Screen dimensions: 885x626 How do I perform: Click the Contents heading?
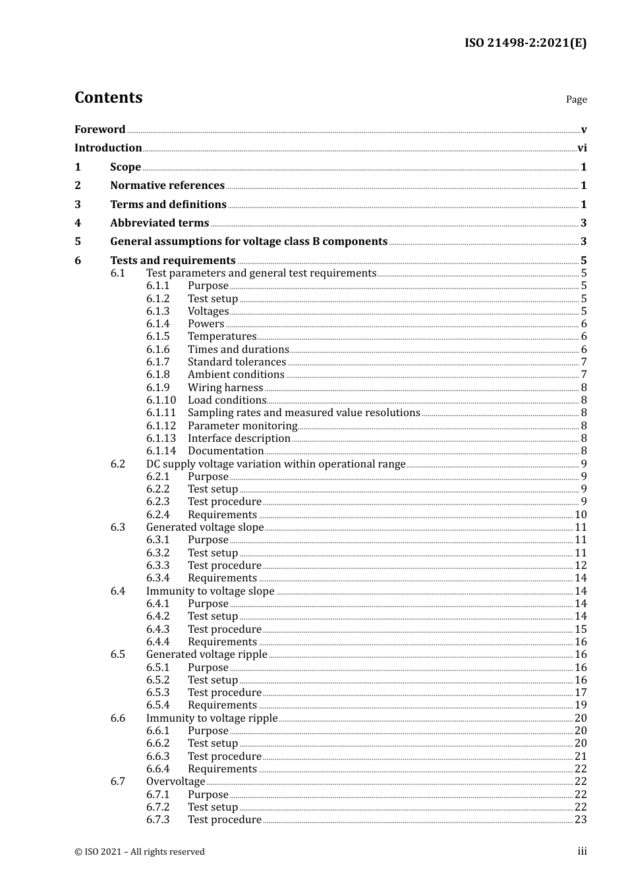tap(108, 97)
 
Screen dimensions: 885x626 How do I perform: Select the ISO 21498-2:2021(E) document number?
tap(525, 43)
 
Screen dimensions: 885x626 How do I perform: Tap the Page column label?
tap(576, 99)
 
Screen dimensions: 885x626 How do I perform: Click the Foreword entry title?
tap(100, 130)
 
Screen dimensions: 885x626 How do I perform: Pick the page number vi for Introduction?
tap(582, 148)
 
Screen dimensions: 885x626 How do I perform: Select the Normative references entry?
tap(167, 186)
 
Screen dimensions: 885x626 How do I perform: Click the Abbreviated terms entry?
tap(159, 223)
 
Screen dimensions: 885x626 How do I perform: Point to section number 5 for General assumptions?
tap(78, 242)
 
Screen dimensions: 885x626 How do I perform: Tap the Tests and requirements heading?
tap(173, 261)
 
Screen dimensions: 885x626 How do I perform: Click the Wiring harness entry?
tap(225, 388)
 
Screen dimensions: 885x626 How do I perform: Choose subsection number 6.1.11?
tap(161, 413)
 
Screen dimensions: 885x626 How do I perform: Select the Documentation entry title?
tap(225, 451)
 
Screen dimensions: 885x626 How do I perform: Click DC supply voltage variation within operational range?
tap(275, 464)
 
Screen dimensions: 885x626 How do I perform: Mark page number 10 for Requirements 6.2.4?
tap(581, 515)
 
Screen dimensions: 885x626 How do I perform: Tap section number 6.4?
tap(118, 591)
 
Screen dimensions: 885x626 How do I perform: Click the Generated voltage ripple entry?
tap(206, 655)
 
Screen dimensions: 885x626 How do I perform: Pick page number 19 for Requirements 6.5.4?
tap(581, 705)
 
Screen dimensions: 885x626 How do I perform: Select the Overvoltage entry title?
tap(175, 782)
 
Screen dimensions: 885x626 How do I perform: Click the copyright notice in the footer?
tap(140, 852)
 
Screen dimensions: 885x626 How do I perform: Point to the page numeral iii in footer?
tap(582, 851)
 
